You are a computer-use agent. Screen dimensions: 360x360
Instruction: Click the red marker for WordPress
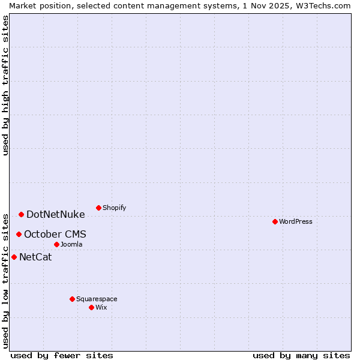275,221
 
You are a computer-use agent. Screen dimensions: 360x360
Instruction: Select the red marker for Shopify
98,208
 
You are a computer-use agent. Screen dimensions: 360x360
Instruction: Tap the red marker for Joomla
56,244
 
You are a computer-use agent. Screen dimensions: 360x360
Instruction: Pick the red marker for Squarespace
72,299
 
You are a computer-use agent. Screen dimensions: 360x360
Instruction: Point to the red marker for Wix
91,307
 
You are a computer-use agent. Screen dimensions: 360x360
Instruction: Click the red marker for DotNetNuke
21,214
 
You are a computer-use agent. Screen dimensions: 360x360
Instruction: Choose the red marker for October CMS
19,234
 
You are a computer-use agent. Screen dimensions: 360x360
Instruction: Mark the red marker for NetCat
14,257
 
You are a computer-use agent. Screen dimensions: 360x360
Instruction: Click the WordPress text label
296,221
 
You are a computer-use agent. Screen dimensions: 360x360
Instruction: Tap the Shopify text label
115,208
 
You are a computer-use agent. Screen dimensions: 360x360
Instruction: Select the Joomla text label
71,244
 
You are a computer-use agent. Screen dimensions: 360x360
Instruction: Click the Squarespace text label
97,299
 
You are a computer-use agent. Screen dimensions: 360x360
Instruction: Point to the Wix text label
101,307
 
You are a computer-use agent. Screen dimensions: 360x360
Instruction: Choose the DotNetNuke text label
56,214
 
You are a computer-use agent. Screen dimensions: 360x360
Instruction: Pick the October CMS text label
55,234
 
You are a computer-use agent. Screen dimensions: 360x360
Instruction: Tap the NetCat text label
35,257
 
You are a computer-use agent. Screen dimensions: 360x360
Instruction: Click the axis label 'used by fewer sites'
62,355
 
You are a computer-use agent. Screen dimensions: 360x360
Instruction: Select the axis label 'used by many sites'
301,355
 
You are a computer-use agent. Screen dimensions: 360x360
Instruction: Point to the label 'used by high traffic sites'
5,85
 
